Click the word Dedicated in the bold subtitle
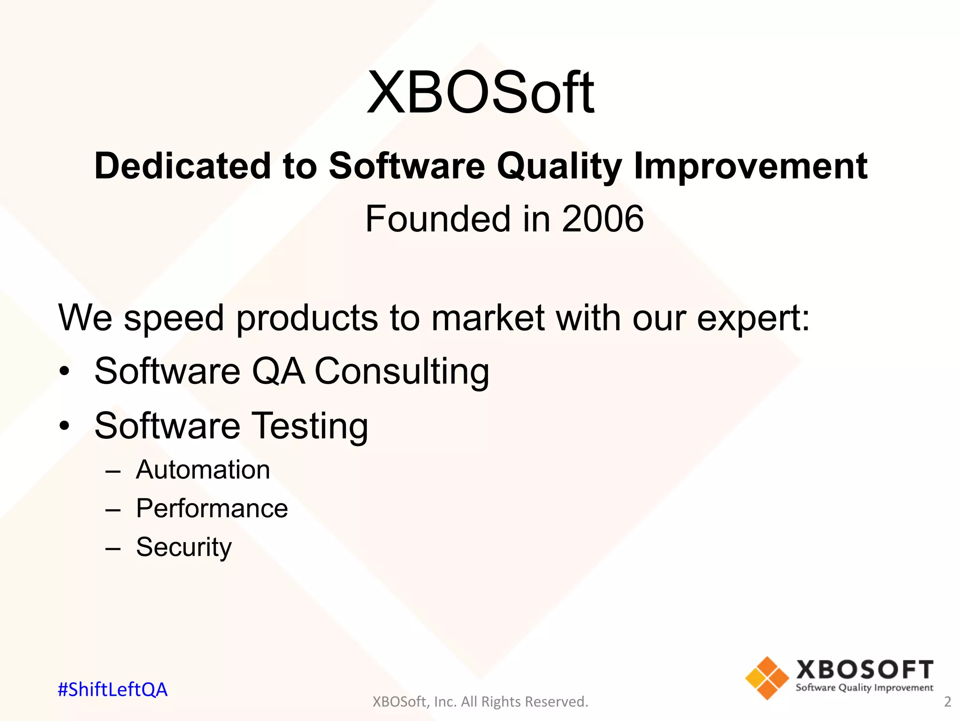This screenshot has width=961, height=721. (x=183, y=166)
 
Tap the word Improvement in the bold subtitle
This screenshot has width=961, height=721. (x=750, y=167)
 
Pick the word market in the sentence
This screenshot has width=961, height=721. (x=488, y=318)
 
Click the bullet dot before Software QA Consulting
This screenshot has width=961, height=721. (x=64, y=372)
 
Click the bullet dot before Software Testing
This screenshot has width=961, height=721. (x=64, y=426)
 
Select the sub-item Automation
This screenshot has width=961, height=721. (x=203, y=470)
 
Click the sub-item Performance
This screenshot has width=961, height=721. (x=212, y=508)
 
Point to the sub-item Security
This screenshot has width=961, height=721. (x=183, y=547)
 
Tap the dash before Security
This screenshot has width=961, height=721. (x=113, y=548)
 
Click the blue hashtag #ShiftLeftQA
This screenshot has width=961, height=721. (x=112, y=690)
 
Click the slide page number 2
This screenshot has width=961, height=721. (x=947, y=702)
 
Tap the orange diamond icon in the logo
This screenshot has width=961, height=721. (x=767, y=678)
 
